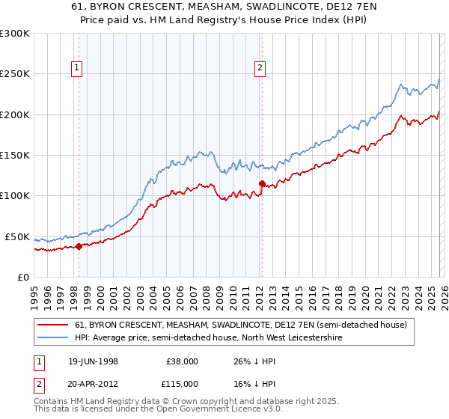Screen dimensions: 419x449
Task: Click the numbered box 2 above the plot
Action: point(260,68)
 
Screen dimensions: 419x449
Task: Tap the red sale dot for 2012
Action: point(262,183)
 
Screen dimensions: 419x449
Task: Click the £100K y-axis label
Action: point(15,195)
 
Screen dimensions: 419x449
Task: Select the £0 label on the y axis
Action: point(22,277)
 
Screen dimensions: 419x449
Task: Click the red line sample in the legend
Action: point(53,325)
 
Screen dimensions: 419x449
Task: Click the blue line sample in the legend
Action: point(53,338)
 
